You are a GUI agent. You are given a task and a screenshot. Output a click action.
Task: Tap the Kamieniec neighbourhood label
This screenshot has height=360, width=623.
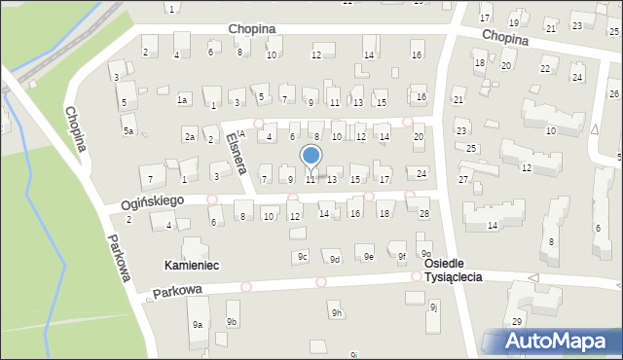click(x=192, y=265)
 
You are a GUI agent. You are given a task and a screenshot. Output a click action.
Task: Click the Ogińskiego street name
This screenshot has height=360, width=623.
click(x=126, y=202)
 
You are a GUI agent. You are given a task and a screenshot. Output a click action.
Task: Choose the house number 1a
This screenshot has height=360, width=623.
click(x=182, y=99)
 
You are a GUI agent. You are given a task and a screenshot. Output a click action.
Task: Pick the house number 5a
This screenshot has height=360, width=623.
click(x=128, y=129)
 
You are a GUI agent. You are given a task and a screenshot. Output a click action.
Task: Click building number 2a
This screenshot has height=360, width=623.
click(x=190, y=137)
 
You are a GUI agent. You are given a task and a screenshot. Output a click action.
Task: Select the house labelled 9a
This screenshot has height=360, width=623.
click(x=197, y=324)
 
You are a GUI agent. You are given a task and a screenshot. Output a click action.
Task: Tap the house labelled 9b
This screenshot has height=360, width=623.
click(x=232, y=321)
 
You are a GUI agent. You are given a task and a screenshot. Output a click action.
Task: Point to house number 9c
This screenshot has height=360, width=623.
click(x=303, y=257)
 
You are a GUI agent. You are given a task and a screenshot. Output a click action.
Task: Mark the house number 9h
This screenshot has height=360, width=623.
click(x=336, y=312)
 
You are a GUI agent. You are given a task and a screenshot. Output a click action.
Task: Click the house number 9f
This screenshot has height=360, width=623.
click(x=401, y=257)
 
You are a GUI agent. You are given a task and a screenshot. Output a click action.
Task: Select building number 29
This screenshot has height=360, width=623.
click(x=517, y=321)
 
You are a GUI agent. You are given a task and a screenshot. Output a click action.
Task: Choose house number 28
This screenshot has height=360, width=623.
click(x=423, y=213)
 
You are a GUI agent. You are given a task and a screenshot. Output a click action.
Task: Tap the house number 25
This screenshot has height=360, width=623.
click(x=471, y=148)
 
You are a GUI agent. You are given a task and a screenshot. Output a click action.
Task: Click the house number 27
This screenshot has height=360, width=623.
click(x=464, y=180)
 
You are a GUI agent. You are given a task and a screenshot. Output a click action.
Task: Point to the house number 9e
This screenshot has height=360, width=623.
click(x=369, y=257)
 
